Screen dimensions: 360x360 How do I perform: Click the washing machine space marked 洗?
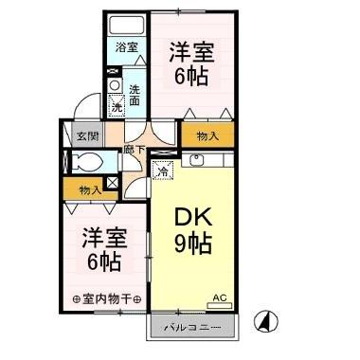click(x=117, y=105)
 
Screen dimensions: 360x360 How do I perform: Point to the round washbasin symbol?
click(x=115, y=85)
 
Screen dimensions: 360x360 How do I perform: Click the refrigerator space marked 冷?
click(x=164, y=171)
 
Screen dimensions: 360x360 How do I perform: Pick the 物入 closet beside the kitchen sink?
click(x=207, y=135)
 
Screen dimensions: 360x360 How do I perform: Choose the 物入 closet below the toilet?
click(x=89, y=190)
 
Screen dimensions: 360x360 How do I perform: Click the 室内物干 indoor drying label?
click(x=107, y=300)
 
